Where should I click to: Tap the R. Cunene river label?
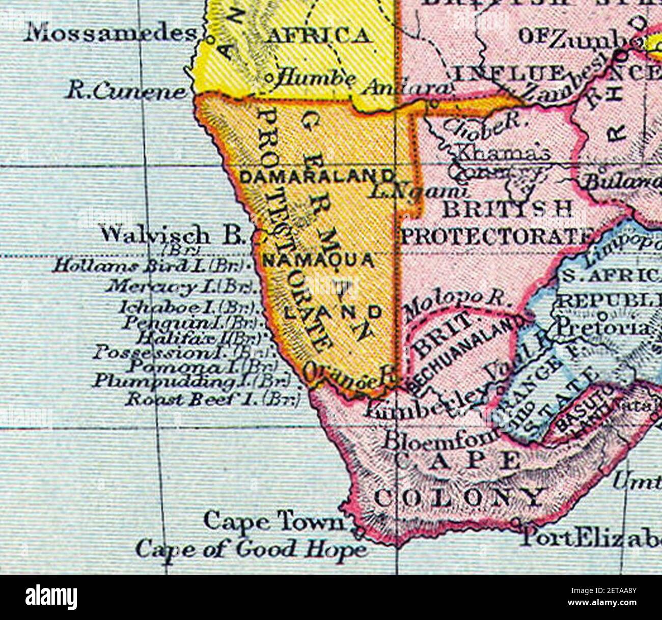(126, 92)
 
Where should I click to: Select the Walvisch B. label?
(173, 235)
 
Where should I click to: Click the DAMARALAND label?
(317, 177)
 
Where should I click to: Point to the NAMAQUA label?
(318, 260)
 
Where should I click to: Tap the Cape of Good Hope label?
(251, 549)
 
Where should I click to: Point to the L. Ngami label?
(418, 191)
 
